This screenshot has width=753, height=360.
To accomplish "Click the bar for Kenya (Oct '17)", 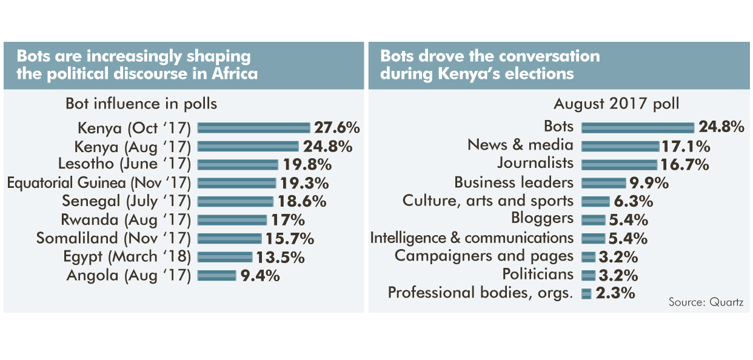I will (254, 128).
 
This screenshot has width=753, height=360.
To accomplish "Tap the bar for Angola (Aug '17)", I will (216, 276).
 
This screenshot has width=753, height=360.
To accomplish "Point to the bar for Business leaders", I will (603, 182).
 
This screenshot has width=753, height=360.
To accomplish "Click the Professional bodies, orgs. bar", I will (586, 294).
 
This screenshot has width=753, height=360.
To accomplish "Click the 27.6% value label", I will (337, 128).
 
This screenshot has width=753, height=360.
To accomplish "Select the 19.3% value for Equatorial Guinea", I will (304, 182).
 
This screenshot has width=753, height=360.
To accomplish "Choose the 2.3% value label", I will (615, 294).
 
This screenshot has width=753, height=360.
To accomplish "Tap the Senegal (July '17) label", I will (127, 201).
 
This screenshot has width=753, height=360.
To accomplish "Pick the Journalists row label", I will (535, 164).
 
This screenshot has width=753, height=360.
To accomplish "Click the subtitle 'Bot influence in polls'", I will (141, 104).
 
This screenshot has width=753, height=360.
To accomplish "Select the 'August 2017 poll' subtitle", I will (616, 104).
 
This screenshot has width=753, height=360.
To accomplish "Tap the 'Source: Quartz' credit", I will (705, 302).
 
